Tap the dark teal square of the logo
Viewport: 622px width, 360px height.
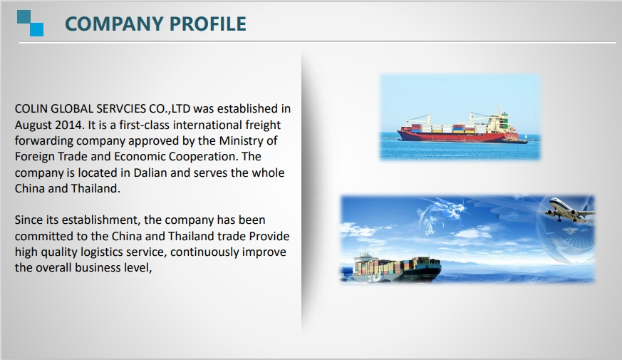(24, 17)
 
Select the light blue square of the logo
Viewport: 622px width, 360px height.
(36, 29)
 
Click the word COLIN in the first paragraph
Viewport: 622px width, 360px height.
(31, 109)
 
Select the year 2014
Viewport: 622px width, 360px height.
(69, 125)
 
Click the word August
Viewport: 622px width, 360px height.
(33, 125)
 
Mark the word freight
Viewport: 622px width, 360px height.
(263, 125)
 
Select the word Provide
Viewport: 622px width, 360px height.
(269, 236)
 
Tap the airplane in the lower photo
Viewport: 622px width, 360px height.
(567, 210)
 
